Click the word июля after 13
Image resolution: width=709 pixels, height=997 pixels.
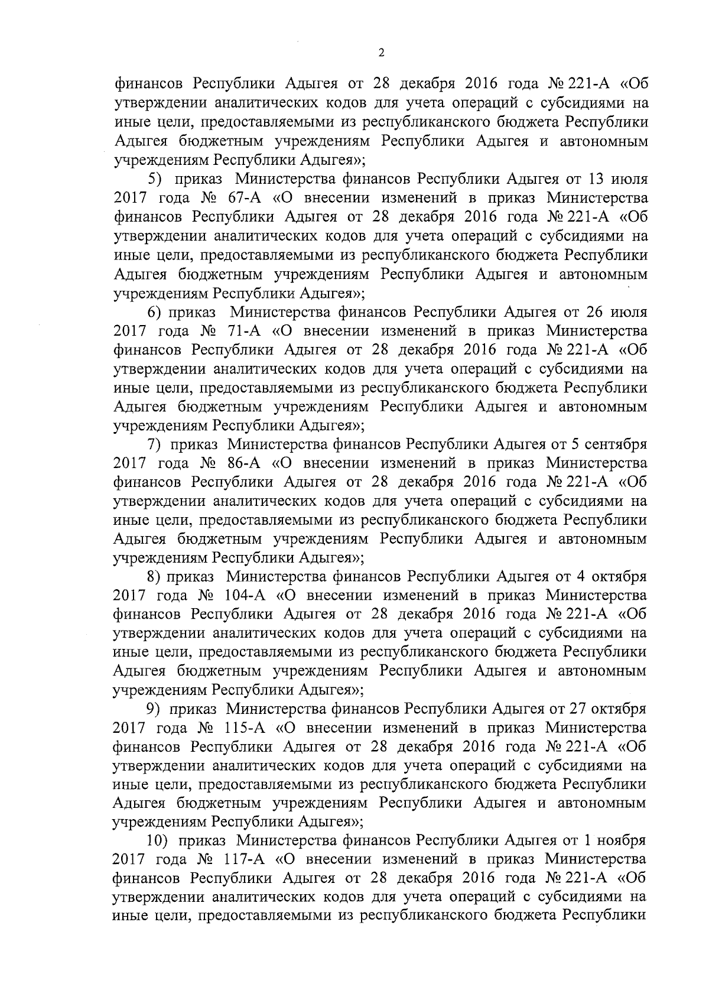click(x=627, y=178)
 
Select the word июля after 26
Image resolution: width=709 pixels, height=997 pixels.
click(x=627, y=311)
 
